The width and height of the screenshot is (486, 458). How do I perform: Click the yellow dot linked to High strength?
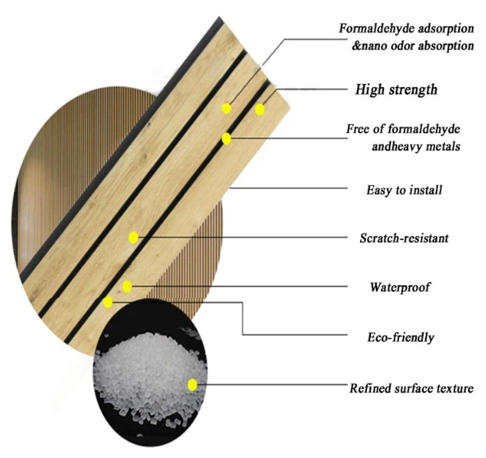(260, 109)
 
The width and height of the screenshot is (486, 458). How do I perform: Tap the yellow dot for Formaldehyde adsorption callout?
(227, 109)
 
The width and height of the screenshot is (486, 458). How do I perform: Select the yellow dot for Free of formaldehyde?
(227, 138)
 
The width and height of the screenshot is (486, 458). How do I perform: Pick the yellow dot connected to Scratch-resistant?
(133, 238)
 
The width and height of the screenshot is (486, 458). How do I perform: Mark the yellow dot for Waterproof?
(127, 287)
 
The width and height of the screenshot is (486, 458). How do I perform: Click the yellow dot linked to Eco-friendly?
(108, 302)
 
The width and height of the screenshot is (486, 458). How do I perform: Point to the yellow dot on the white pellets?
(192, 385)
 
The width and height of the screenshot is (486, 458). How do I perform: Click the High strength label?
(396, 90)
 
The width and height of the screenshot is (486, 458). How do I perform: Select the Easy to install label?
(404, 190)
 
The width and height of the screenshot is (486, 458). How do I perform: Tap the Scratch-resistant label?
(404, 238)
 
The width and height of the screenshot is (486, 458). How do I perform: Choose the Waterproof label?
(400, 287)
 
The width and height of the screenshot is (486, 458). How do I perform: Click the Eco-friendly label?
(400, 337)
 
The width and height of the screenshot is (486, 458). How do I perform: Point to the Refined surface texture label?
(412, 388)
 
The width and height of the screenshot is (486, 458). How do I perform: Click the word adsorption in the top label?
(444, 29)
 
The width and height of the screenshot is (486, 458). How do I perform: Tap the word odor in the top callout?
(403, 46)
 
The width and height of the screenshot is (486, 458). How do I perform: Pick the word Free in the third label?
(358, 128)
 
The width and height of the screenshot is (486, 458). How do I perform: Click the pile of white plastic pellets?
(150, 368)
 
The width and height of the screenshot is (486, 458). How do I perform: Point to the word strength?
(413, 90)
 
